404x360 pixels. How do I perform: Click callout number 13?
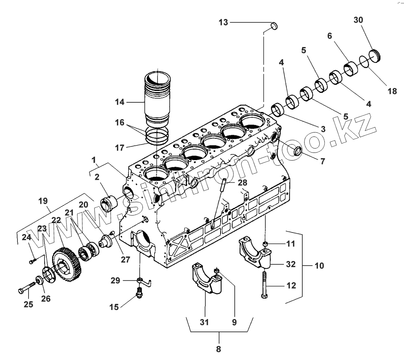coord(223,23)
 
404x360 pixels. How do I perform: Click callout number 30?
coord(358,20)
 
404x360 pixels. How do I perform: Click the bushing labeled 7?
coord(296,150)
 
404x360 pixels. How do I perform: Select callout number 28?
coord(242,182)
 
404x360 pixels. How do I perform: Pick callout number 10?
coord(319,266)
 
